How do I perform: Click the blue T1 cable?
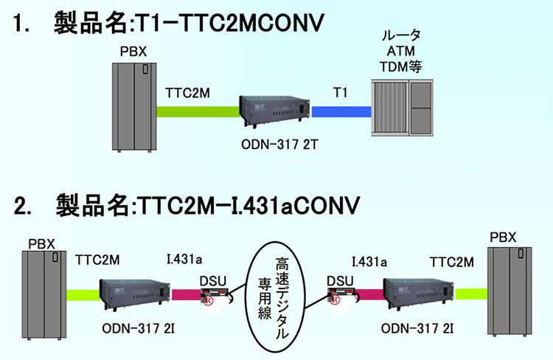pyautogui.click(x=341, y=111)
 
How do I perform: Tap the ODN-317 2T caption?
pyautogui.click(x=277, y=142)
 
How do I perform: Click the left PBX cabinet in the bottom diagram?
pyautogui.click(x=42, y=295)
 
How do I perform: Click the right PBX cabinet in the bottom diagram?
pyautogui.click(x=511, y=291)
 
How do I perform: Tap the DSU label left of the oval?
pyautogui.click(x=215, y=280)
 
